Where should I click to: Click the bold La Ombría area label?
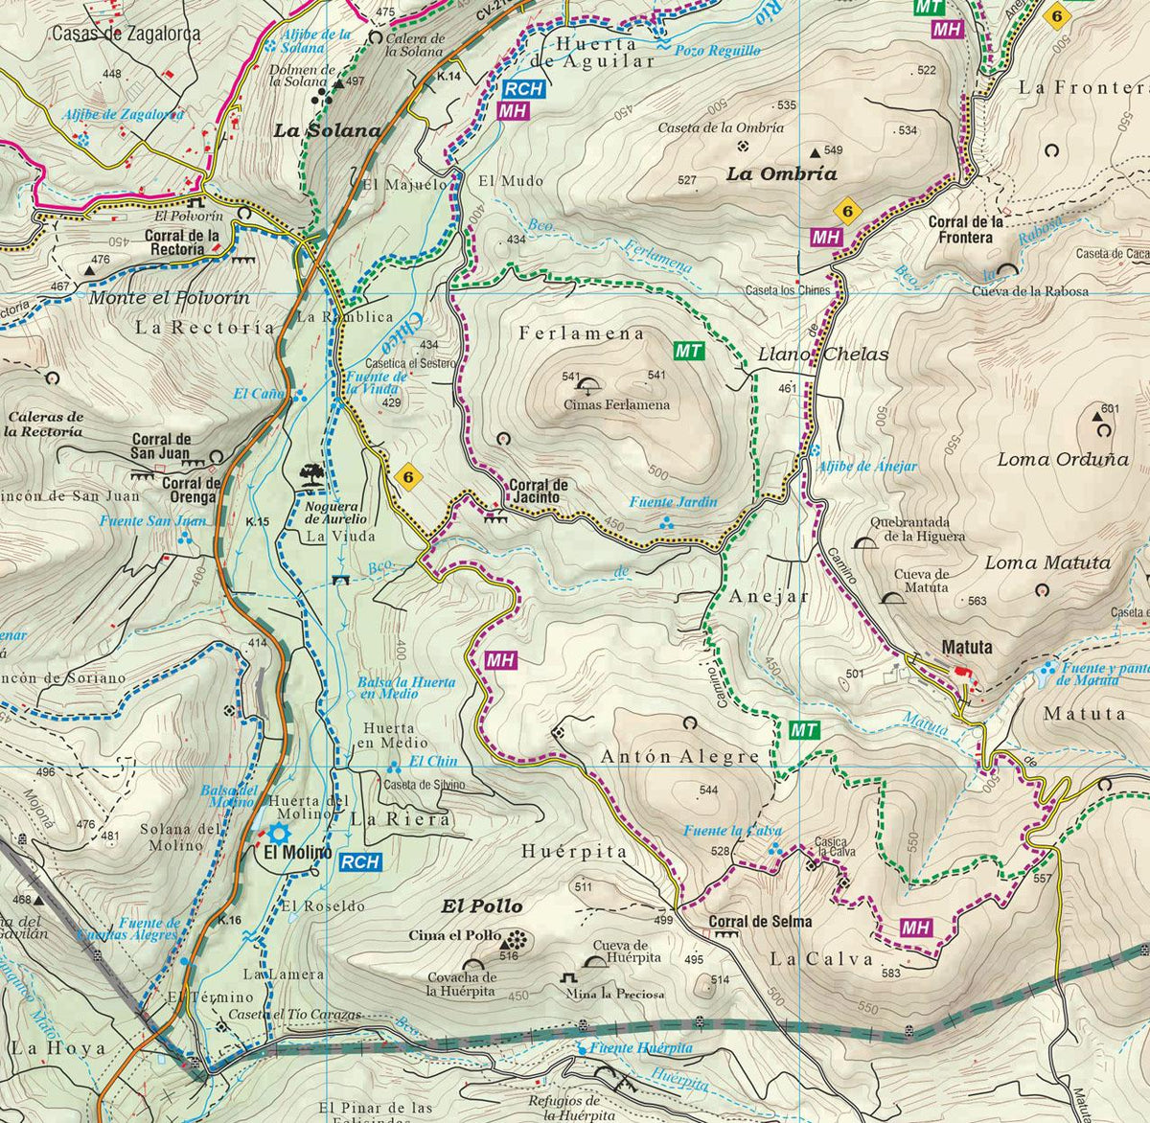(781, 174)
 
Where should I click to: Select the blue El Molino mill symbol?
(280, 833)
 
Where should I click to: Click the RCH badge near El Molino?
(360, 862)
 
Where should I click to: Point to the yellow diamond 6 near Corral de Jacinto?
(408, 476)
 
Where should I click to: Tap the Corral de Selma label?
(760, 922)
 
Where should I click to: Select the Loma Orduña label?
(1063, 459)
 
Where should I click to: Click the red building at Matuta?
(963, 672)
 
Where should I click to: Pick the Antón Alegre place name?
(679, 756)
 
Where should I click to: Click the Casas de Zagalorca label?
(126, 34)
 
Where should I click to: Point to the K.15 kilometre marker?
(257, 522)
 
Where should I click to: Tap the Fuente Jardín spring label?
(673, 502)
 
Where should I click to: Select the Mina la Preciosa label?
(614, 994)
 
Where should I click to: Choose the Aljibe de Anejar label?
(866, 467)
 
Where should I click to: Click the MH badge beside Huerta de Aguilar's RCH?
(514, 110)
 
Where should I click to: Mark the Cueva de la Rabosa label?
(1030, 291)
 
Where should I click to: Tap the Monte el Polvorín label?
(169, 298)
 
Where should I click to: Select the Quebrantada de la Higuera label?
(917, 529)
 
